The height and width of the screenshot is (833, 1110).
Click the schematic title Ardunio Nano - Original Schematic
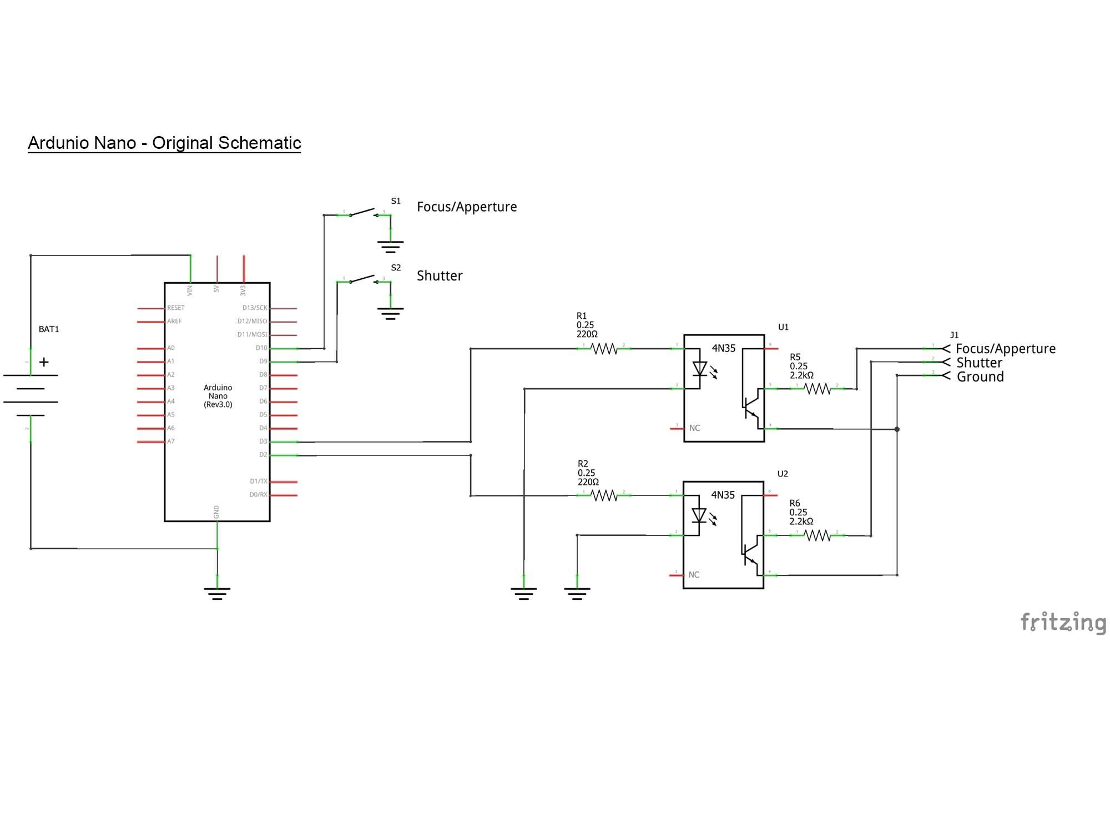click(x=164, y=143)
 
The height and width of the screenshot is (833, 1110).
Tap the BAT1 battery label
click(x=49, y=329)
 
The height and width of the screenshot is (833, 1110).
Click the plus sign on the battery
click(x=44, y=362)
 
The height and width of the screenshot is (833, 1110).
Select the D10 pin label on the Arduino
click(x=261, y=348)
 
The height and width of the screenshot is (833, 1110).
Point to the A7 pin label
click(x=171, y=441)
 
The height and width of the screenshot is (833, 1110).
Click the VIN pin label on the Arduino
click(x=190, y=290)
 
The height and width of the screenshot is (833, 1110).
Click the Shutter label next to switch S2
click(x=440, y=275)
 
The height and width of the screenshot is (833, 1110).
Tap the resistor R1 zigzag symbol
click(x=604, y=349)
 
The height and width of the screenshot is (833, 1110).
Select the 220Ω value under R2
click(x=588, y=482)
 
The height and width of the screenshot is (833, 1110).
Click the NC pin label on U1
click(x=694, y=428)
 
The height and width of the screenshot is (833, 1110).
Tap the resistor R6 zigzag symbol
click(x=817, y=535)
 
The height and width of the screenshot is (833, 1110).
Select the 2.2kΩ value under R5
click(x=801, y=375)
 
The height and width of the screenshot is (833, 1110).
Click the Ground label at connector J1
click(x=980, y=377)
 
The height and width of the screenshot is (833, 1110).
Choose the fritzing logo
click(x=1063, y=623)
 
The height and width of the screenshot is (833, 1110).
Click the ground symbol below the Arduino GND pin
click(x=217, y=593)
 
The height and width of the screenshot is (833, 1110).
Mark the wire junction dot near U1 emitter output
click(x=897, y=429)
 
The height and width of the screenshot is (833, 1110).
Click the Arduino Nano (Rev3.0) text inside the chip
click(x=218, y=396)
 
